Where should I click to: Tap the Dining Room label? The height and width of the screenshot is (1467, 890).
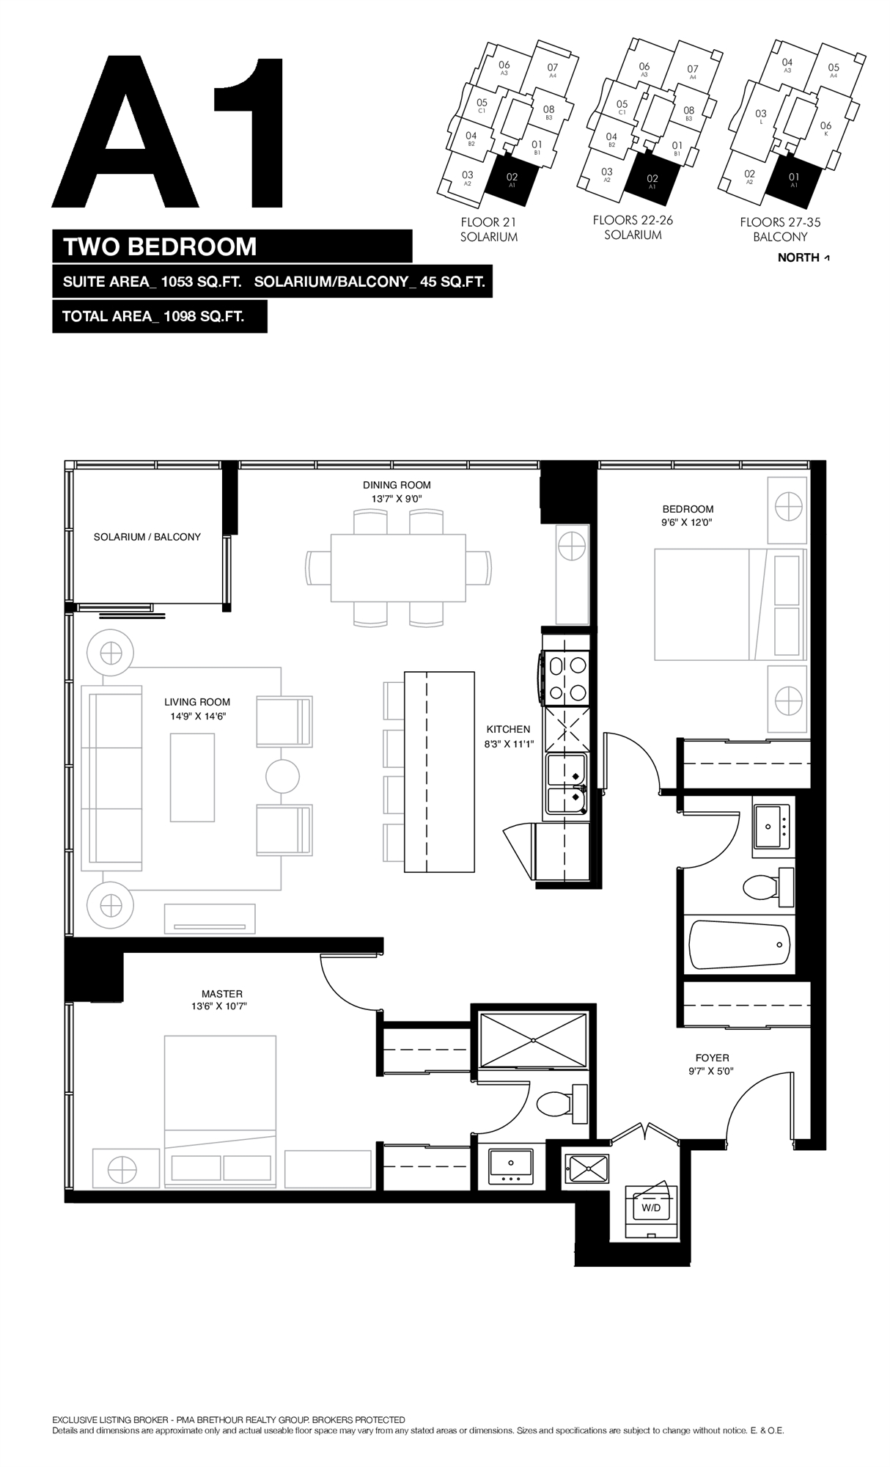(397, 485)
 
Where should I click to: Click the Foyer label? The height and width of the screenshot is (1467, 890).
(713, 1058)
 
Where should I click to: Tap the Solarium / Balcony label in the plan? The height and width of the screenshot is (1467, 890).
(147, 537)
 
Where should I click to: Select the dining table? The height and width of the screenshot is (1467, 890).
(398, 568)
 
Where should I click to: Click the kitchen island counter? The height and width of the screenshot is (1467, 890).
(440, 772)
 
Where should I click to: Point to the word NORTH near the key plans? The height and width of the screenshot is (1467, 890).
(798, 257)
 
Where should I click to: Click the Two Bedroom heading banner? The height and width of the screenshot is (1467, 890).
(232, 246)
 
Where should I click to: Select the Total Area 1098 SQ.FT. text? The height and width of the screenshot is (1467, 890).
(153, 317)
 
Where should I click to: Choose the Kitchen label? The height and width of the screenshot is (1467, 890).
(508, 729)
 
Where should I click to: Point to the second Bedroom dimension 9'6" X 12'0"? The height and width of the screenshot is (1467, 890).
(688, 523)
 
